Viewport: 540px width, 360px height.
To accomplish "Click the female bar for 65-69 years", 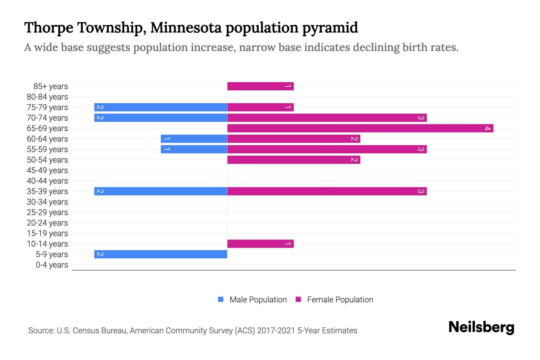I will pos(360,128).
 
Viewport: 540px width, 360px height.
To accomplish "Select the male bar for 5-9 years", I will pos(160,254).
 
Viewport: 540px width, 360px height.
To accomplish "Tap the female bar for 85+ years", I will pos(260,86).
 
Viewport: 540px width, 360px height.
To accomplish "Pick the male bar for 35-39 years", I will pos(160,191).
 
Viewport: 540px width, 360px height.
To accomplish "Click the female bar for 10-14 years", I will pos(260,244).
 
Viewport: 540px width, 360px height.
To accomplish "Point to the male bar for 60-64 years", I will pos(194,139).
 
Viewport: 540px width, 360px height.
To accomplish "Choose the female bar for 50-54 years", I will pos(294,160).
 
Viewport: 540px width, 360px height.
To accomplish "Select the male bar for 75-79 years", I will pos(160,107).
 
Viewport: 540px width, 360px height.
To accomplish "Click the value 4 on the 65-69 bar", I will pos(487,128).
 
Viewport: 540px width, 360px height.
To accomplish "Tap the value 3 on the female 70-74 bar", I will pos(421,118).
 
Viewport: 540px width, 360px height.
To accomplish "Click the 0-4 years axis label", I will pos(52,265).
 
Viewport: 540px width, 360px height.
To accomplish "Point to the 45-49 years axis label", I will pos(47,170).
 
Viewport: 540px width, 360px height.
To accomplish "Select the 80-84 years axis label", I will pos(47,97).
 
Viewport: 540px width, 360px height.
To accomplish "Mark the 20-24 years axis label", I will pos(47,223).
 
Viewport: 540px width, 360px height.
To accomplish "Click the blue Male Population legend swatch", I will pos(221,299).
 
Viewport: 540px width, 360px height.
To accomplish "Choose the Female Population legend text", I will pos(340,300).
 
